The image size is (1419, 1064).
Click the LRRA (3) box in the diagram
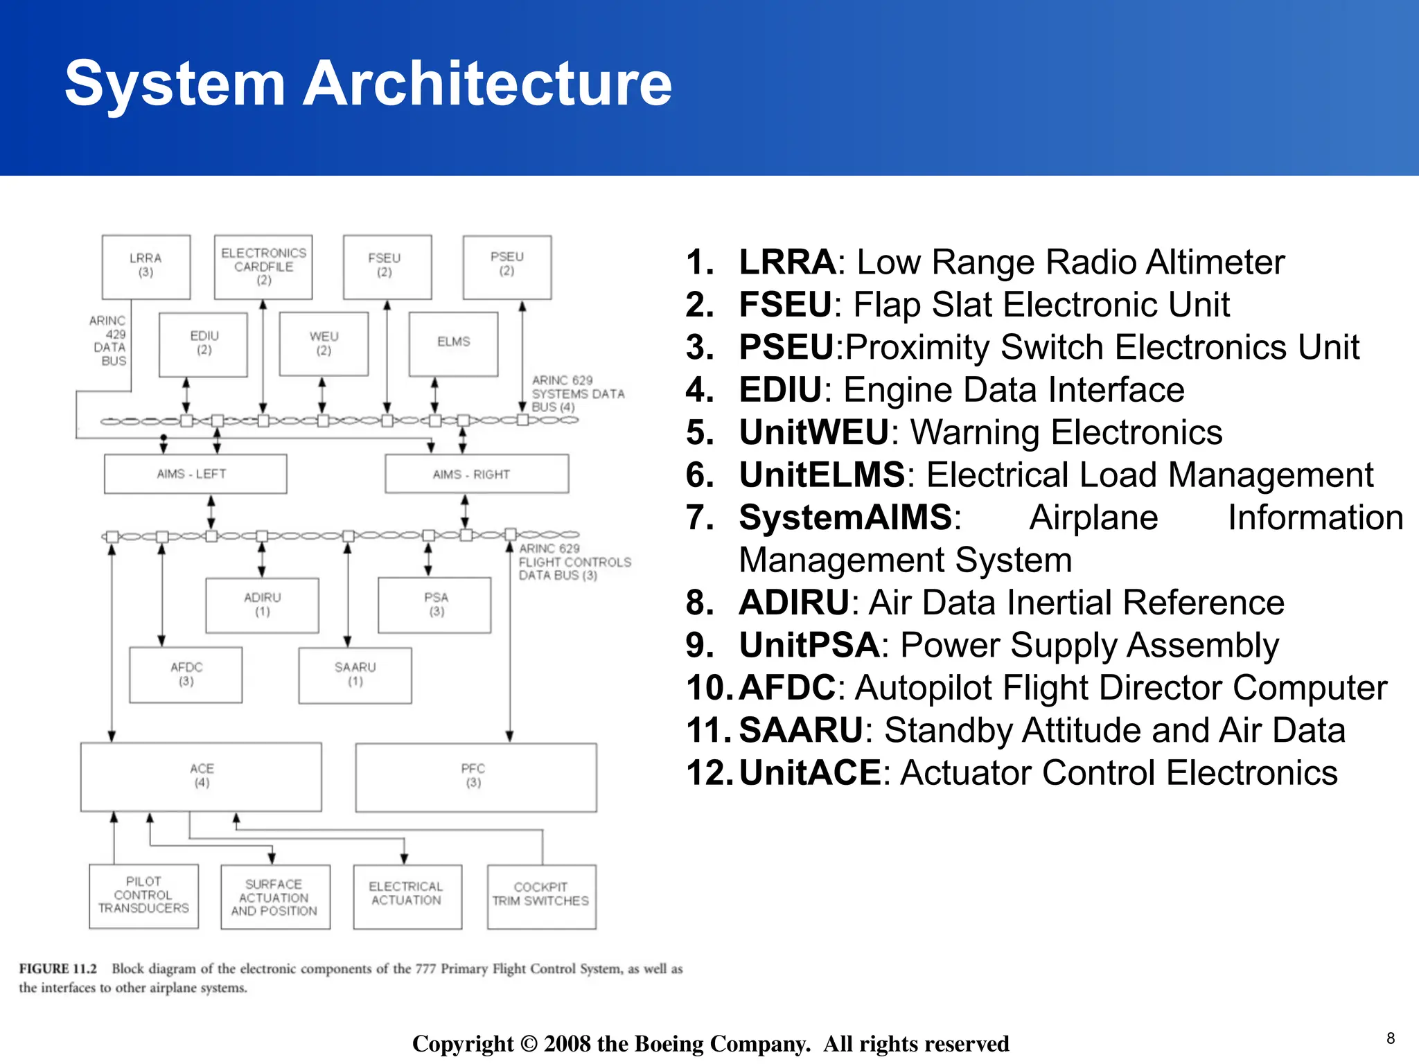146,266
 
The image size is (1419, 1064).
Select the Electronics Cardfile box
263,267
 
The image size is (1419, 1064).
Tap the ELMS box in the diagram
453,343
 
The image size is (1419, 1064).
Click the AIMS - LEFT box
195,474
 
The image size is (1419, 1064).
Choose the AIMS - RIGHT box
477,474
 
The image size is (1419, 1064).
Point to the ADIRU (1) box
262,605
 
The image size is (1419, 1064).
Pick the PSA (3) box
434,605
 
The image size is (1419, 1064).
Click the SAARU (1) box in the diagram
355,675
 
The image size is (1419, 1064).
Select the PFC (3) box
475,777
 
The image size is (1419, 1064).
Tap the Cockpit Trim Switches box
541,896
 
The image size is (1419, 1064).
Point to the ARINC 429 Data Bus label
109,341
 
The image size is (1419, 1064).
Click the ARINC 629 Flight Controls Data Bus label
574,562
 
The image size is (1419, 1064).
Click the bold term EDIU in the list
779,390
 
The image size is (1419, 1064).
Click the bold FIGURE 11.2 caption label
58,969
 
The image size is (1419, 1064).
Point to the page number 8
1390,1038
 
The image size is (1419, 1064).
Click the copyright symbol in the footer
529,1043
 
